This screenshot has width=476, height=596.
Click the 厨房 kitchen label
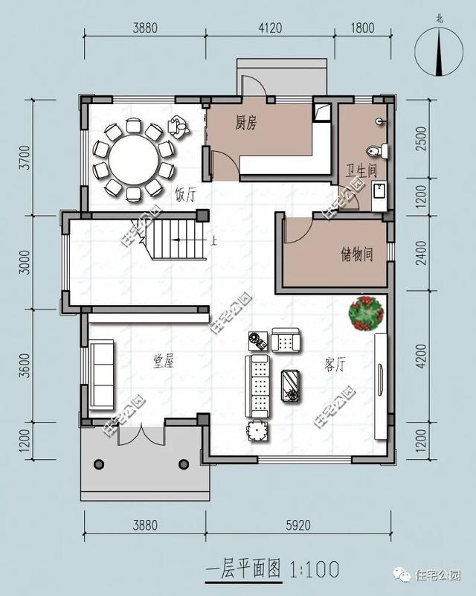[x=245, y=124]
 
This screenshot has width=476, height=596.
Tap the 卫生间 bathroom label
[x=361, y=170]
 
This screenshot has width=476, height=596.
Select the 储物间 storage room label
[x=357, y=254]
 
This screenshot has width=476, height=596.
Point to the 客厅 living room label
[x=335, y=365]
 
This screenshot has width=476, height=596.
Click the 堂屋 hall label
[x=164, y=361]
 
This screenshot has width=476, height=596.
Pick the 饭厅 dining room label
[x=185, y=195]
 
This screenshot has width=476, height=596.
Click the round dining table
[x=133, y=159]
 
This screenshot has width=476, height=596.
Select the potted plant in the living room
[x=366, y=313]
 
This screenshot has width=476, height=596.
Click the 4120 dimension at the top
[x=270, y=28]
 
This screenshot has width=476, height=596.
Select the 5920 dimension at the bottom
[x=298, y=525]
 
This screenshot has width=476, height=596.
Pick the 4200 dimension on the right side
[x=421, y=356]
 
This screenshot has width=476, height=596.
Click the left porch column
[x=99, y=464]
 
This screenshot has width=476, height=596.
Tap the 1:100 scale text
[x=314, y=569]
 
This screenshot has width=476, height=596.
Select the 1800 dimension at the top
[x=362, y=28]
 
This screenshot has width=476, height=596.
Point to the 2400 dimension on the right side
[x=421, y=253]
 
